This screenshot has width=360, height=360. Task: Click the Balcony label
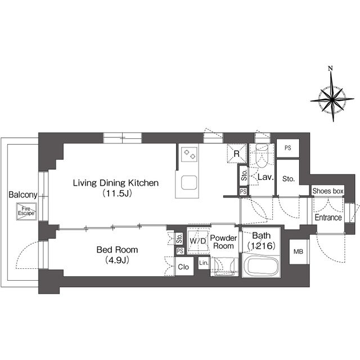[x=22, y=195]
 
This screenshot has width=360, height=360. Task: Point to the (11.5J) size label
[x=116, y=194]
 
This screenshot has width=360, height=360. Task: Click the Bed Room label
[x=116, y=249]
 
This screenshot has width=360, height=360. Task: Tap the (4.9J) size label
[x=116, y=260]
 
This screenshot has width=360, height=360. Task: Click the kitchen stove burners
[x=188, y=154]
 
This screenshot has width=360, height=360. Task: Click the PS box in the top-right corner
[x=288, y=148]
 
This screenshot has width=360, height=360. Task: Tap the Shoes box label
[x=328, y=191]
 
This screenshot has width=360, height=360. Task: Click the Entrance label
[x=328, y=217]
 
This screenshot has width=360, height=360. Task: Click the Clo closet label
[x=183, y=268]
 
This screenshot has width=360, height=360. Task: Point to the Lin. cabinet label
[x=203, y=263]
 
